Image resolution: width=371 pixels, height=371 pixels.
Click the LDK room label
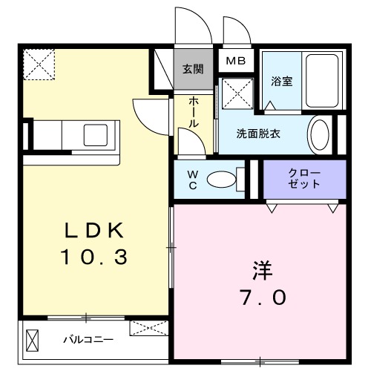click(x=95, y=229)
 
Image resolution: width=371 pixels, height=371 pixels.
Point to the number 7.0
click(x=261, y=298)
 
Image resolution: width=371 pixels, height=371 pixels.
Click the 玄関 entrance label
click(x=193, y=70)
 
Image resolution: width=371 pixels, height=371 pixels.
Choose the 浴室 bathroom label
click(x=281, y=81)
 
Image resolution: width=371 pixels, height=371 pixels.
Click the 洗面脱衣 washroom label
click(x=258, y=135)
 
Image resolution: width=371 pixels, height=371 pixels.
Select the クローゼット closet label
click(x=305, y=177)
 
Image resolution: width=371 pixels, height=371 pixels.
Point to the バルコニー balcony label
click(x=88, y=340)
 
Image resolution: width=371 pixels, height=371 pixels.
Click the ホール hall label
click(x=193, y=111)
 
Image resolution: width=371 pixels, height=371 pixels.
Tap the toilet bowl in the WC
click(x=221, y=179)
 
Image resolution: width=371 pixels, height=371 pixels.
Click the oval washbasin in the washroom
click(x=320, y=135)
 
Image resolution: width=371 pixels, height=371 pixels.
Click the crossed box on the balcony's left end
click(x=33, y=341)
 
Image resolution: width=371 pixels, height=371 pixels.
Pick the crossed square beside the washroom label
click(x=239, y=94)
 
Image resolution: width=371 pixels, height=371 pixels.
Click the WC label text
click(x=192, y=179)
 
